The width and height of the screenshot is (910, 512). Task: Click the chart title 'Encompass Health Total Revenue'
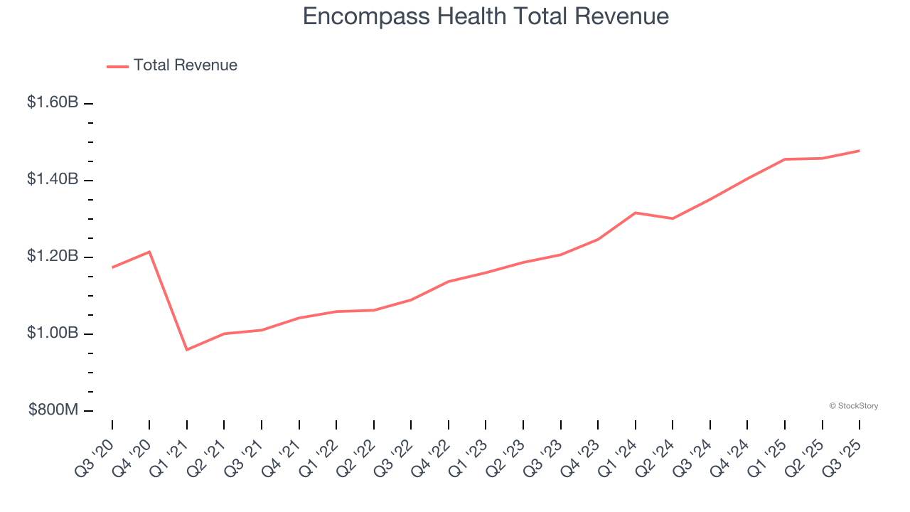[486, 16]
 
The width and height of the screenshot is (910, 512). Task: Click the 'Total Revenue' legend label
[185, 65]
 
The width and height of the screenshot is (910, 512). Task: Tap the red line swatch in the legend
[117, 66]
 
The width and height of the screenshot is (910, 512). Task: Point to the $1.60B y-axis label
[53, 102]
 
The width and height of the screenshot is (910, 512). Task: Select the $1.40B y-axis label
[53, 179]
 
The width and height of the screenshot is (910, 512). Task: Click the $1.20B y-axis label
[53, 256]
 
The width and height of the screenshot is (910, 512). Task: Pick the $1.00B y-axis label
[53, 333]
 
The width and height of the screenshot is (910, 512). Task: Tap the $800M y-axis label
[53, 410]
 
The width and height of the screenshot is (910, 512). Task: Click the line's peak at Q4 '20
[149, 252]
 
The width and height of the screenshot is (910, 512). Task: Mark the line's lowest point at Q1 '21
[187, 350]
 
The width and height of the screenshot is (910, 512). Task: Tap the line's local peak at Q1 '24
[635, 213]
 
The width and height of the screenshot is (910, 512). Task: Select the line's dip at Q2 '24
[673, 218]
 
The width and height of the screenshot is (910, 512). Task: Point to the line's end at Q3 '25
[859, 151]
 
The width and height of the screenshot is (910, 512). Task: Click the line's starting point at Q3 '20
[112, 267]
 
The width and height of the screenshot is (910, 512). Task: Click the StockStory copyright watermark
[853, 406]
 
